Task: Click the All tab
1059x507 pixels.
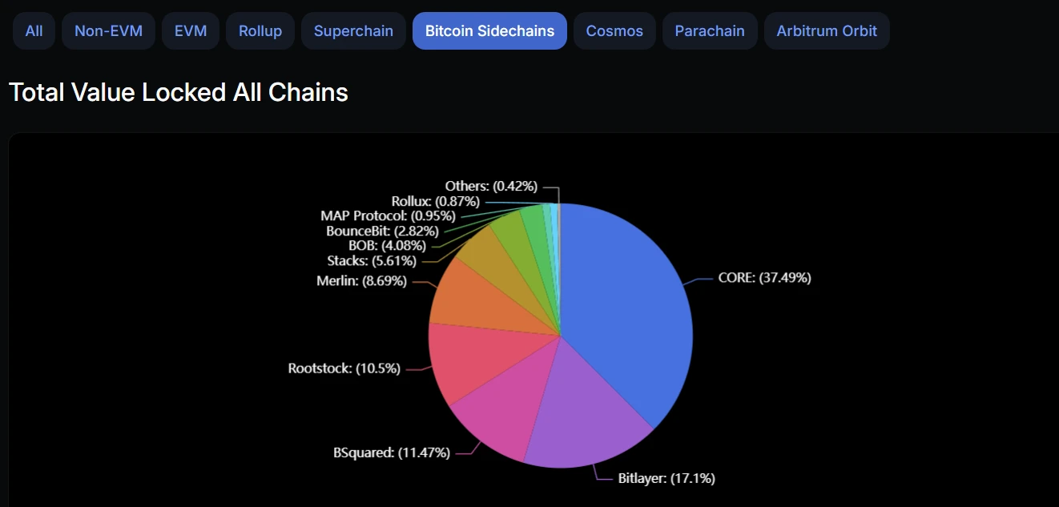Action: (34, 31)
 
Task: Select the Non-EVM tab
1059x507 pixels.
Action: (108, 31)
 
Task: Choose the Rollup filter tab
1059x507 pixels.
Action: (260, 31)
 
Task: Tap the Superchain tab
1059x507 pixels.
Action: (353, 31)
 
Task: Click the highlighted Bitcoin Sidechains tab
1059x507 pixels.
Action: (489, 31)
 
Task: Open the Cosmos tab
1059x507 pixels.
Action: (614, 31)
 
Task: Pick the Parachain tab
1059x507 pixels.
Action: (710, 31)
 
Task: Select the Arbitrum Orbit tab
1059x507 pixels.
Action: (827, 31)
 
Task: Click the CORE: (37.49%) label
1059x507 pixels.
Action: (764, 278)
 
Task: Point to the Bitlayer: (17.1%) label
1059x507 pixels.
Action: (666, 478)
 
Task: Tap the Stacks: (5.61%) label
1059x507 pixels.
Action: (372, 260)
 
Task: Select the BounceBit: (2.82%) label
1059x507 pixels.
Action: (382, 231)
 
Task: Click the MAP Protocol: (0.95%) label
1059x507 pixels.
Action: (388, 215)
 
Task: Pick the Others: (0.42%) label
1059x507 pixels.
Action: (491, 186)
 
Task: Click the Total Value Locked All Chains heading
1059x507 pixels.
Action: (179, 93)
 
